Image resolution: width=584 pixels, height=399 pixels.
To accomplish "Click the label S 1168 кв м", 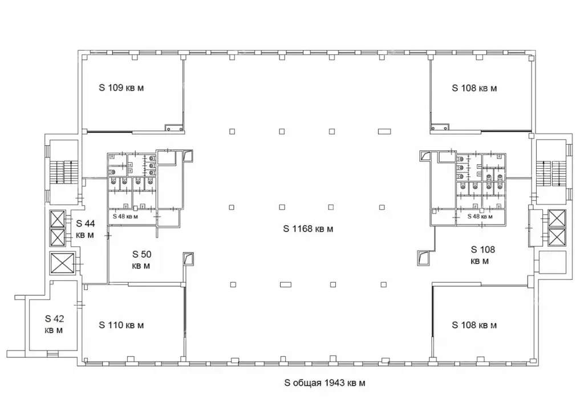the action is pyautogui.click(x=308, y=229).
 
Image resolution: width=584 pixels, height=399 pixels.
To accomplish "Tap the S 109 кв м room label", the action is pyautogui.click(x=121, y=88).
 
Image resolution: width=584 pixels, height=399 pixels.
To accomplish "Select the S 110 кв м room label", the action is pyautogui.click(x=121, y=325).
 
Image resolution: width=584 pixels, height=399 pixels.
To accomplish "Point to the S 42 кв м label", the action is pyautogui.click(x=54, y=324).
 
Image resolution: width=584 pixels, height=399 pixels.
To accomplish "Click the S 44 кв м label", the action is pyautogui.click(x=86, y=229).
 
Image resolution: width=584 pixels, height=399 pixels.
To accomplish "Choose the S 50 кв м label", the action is pyautogui.click(x=141, y=260).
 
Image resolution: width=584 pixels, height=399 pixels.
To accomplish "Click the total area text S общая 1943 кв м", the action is pyautogui.click(x=325, y=383).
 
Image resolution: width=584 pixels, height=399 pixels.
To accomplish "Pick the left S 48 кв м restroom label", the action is pyautogui.click(x=125, y=216).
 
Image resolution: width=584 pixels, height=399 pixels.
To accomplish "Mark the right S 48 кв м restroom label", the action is pyautogui.click(x=480, y=216).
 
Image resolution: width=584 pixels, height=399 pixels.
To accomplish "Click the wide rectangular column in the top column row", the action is pyautogui.click(x=384, y=132).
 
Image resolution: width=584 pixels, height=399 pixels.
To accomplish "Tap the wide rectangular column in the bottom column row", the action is pyautogui.click(x=286, y=285).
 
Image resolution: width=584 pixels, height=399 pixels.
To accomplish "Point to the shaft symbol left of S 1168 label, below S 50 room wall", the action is pyautogui.click(x=188, y=259).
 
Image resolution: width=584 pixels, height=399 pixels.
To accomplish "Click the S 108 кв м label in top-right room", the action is pyautogui.click(x=474, y=88).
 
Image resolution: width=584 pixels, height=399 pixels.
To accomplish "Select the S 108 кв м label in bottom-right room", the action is pyautogui.click(x=474, y=325).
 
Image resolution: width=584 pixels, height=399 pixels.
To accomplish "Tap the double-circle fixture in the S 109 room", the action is pyautogui.click(x=174, y=128).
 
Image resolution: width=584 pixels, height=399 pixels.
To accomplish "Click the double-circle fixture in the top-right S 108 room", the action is pyautogui.click(x=439, y=128).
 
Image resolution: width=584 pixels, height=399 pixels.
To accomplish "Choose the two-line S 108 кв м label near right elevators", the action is pyautogui.click(x=482, y=255).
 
